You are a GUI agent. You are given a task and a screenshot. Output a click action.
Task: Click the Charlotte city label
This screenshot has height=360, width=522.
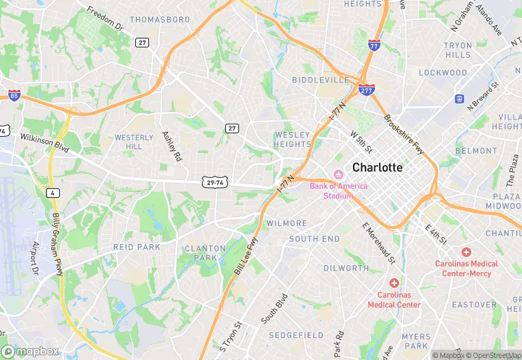377,167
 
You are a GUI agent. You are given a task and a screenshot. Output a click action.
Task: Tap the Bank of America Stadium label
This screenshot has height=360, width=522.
338,190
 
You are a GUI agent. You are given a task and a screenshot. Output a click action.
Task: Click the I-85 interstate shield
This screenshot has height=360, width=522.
14,95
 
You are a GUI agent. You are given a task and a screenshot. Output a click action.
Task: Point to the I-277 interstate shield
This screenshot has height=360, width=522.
366,90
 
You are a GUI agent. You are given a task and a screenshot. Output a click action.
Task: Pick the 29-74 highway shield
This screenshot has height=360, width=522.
215,181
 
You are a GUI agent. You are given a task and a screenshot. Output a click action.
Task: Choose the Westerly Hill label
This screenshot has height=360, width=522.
134,142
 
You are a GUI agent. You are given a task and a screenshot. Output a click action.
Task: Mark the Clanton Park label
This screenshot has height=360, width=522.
205,253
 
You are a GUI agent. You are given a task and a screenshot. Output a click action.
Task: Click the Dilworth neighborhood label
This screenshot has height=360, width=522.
346,268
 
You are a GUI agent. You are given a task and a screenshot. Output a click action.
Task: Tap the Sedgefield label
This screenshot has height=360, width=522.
296,335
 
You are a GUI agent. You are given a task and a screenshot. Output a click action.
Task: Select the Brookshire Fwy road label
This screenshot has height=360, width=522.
405,134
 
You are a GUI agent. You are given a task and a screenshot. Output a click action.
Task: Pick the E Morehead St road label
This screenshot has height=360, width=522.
379,245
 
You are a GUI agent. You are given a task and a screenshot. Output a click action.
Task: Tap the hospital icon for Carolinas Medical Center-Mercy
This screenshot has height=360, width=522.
466,253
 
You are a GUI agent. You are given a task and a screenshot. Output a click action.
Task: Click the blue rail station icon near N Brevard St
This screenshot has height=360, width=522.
459,99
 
